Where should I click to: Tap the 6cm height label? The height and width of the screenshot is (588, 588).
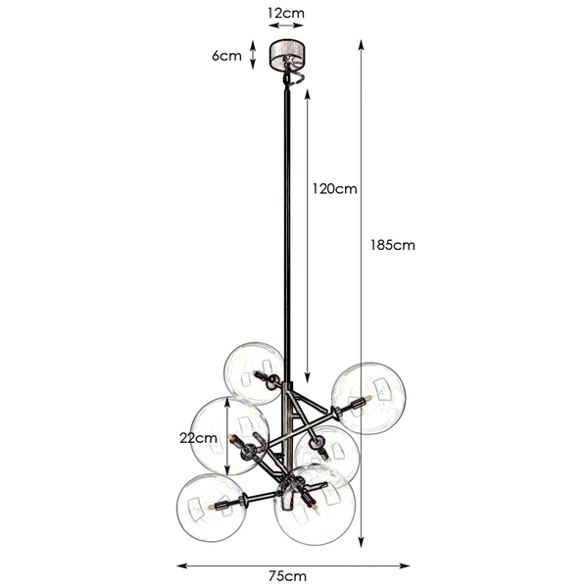click(x=226, y=56)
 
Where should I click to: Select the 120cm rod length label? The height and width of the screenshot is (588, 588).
click(x=333, y=188)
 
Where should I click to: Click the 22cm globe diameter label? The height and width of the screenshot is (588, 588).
click(x=204, y=438)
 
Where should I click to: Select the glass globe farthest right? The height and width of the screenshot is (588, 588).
click(x=367, y=398)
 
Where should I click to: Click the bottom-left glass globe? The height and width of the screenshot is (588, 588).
click(x=210, y=509)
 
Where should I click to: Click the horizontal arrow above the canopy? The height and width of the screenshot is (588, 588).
click(x=287, y=28)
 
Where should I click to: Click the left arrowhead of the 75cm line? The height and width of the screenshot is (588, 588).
click(x=179, y=564)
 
